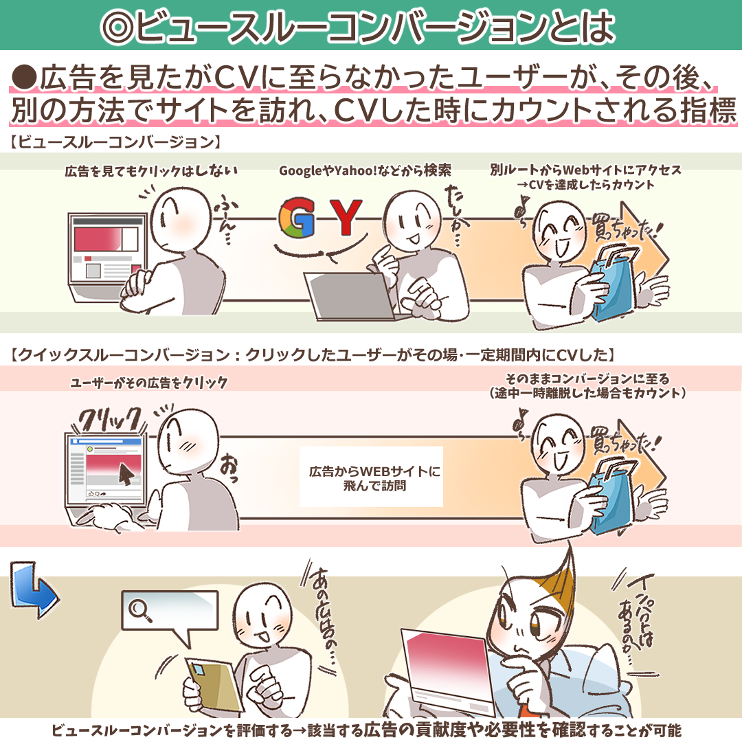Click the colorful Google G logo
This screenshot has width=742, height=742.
(296, 217)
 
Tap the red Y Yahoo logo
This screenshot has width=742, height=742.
(346, 217)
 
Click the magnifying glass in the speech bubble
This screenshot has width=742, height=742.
(141, 611)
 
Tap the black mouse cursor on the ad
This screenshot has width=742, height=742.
(126, 473)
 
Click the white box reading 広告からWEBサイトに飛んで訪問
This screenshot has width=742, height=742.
(372, 477)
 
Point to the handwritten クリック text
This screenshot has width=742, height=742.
(110, 419)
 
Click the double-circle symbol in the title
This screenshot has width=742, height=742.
(117, 26)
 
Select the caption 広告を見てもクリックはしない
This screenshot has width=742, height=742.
(151, 170)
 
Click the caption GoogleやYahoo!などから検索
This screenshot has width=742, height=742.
(365, 170)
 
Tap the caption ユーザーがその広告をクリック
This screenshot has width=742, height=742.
(149, 383)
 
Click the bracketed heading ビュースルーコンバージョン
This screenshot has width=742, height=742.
(115, 142)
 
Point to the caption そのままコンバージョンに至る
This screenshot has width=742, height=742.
(587, 379)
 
